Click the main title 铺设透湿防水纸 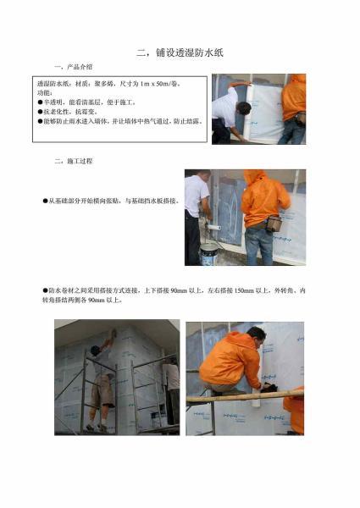180,52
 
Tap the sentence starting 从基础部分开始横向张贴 110,201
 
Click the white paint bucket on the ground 208,251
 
